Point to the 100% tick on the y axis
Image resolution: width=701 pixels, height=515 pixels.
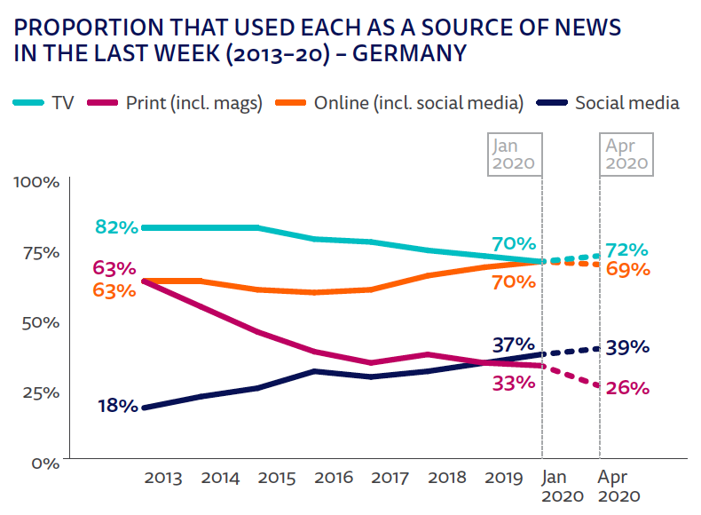click(35, 182)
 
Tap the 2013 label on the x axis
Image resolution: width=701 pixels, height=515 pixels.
click(162, 478)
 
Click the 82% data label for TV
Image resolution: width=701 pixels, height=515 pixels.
click(116, 227)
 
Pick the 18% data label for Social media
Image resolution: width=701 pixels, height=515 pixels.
click(117, 407)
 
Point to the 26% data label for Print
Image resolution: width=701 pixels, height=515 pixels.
click(628, 388)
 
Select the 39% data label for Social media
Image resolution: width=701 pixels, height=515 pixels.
click(628, 347)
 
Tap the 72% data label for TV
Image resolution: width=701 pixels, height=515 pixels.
click(627, 250)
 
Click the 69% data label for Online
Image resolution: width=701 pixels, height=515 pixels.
click(628, 269)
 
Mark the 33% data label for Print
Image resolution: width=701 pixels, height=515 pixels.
click(514, 384)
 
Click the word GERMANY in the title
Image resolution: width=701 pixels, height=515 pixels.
click(411, 53)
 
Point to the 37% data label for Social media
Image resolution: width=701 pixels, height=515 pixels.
click(512, 345)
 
